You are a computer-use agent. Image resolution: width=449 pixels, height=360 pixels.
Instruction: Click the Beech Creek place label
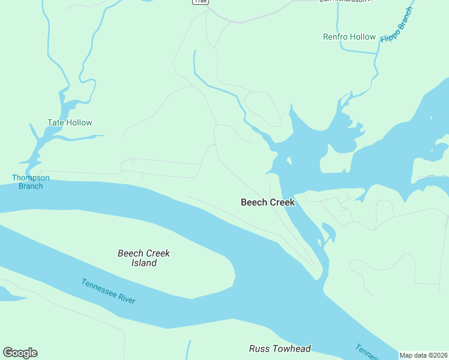tap(268, 202)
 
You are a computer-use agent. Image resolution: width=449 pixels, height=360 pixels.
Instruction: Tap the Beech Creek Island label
tap(144, 258)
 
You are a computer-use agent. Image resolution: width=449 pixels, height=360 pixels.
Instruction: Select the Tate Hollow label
tap(70, 122)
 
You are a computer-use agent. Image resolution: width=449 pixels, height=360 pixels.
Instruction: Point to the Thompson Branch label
tap(27, 182)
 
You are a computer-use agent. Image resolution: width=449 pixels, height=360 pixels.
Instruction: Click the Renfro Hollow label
tap(349, 37)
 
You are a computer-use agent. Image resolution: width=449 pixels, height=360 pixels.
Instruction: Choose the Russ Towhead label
tap(280, 349)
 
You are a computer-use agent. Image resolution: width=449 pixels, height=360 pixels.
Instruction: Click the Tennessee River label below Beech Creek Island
tap(109, 292)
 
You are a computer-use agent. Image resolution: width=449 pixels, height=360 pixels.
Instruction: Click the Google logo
tap(20, 353)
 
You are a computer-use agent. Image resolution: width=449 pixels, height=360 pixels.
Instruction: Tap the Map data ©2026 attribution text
tap(423, 355)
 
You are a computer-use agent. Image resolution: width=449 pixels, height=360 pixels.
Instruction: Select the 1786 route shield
tap(200, 2)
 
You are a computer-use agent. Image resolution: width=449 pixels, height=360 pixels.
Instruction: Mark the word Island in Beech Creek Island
tap(144, 263)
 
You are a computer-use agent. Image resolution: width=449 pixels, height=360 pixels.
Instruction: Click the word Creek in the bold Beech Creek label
tap(282, 202)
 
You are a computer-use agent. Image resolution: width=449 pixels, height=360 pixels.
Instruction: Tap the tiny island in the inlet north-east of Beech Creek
tap(289, 161)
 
